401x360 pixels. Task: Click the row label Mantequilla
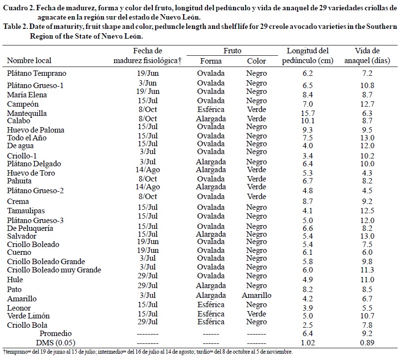tap(27, 113)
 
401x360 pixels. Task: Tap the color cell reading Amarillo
tap(256, 295)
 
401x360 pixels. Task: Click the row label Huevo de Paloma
tap(36, 130)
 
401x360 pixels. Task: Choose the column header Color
tap(256, 61)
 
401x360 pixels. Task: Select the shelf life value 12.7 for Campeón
tap(366, 104)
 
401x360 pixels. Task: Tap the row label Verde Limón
tap(28, 316)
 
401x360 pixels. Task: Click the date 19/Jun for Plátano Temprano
tap(147, 73)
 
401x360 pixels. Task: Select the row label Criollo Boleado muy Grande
tap(54, 270)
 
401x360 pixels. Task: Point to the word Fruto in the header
tap(232, 51)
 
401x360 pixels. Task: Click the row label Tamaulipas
tap(25, 211)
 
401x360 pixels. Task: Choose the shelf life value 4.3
tap(366, 173)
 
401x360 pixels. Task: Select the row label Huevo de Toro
tap(31, 173)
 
